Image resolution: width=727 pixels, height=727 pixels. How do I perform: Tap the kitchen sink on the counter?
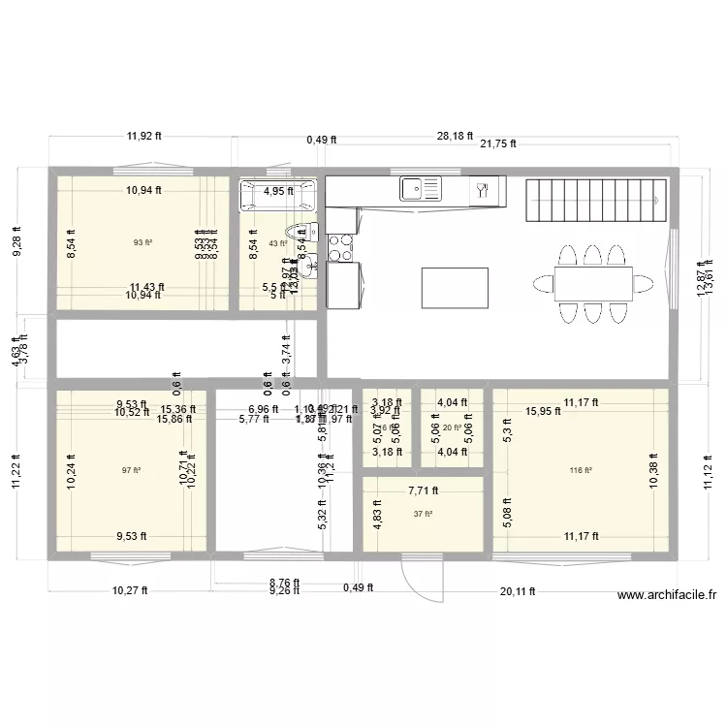click(419, 187)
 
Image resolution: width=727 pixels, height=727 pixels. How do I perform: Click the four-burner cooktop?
click(340, 248)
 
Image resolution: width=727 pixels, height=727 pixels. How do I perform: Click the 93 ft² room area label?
click(142, 242)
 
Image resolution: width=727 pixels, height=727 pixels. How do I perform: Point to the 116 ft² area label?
click(582, 471)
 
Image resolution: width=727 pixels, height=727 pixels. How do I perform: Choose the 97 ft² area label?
click(131, 471)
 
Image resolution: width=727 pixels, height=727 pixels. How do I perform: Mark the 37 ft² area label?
click(423, 514)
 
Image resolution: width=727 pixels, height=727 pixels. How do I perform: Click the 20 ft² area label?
click(452, 427)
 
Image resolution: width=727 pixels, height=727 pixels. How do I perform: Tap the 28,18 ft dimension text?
click(455, 137)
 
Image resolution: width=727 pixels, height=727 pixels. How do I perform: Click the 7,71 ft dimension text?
click(423, 491)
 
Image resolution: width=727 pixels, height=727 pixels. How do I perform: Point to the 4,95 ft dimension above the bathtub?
click(279, 191)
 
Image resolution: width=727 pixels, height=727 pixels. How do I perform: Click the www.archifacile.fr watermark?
click(666, 597)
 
